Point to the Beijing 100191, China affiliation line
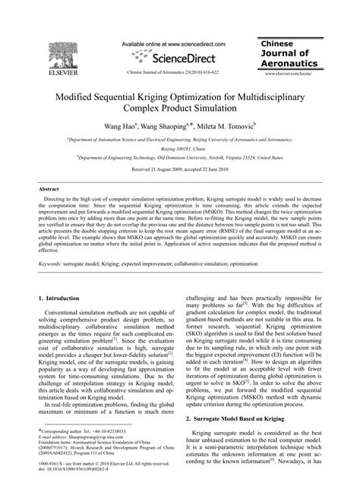coord(179,151)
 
